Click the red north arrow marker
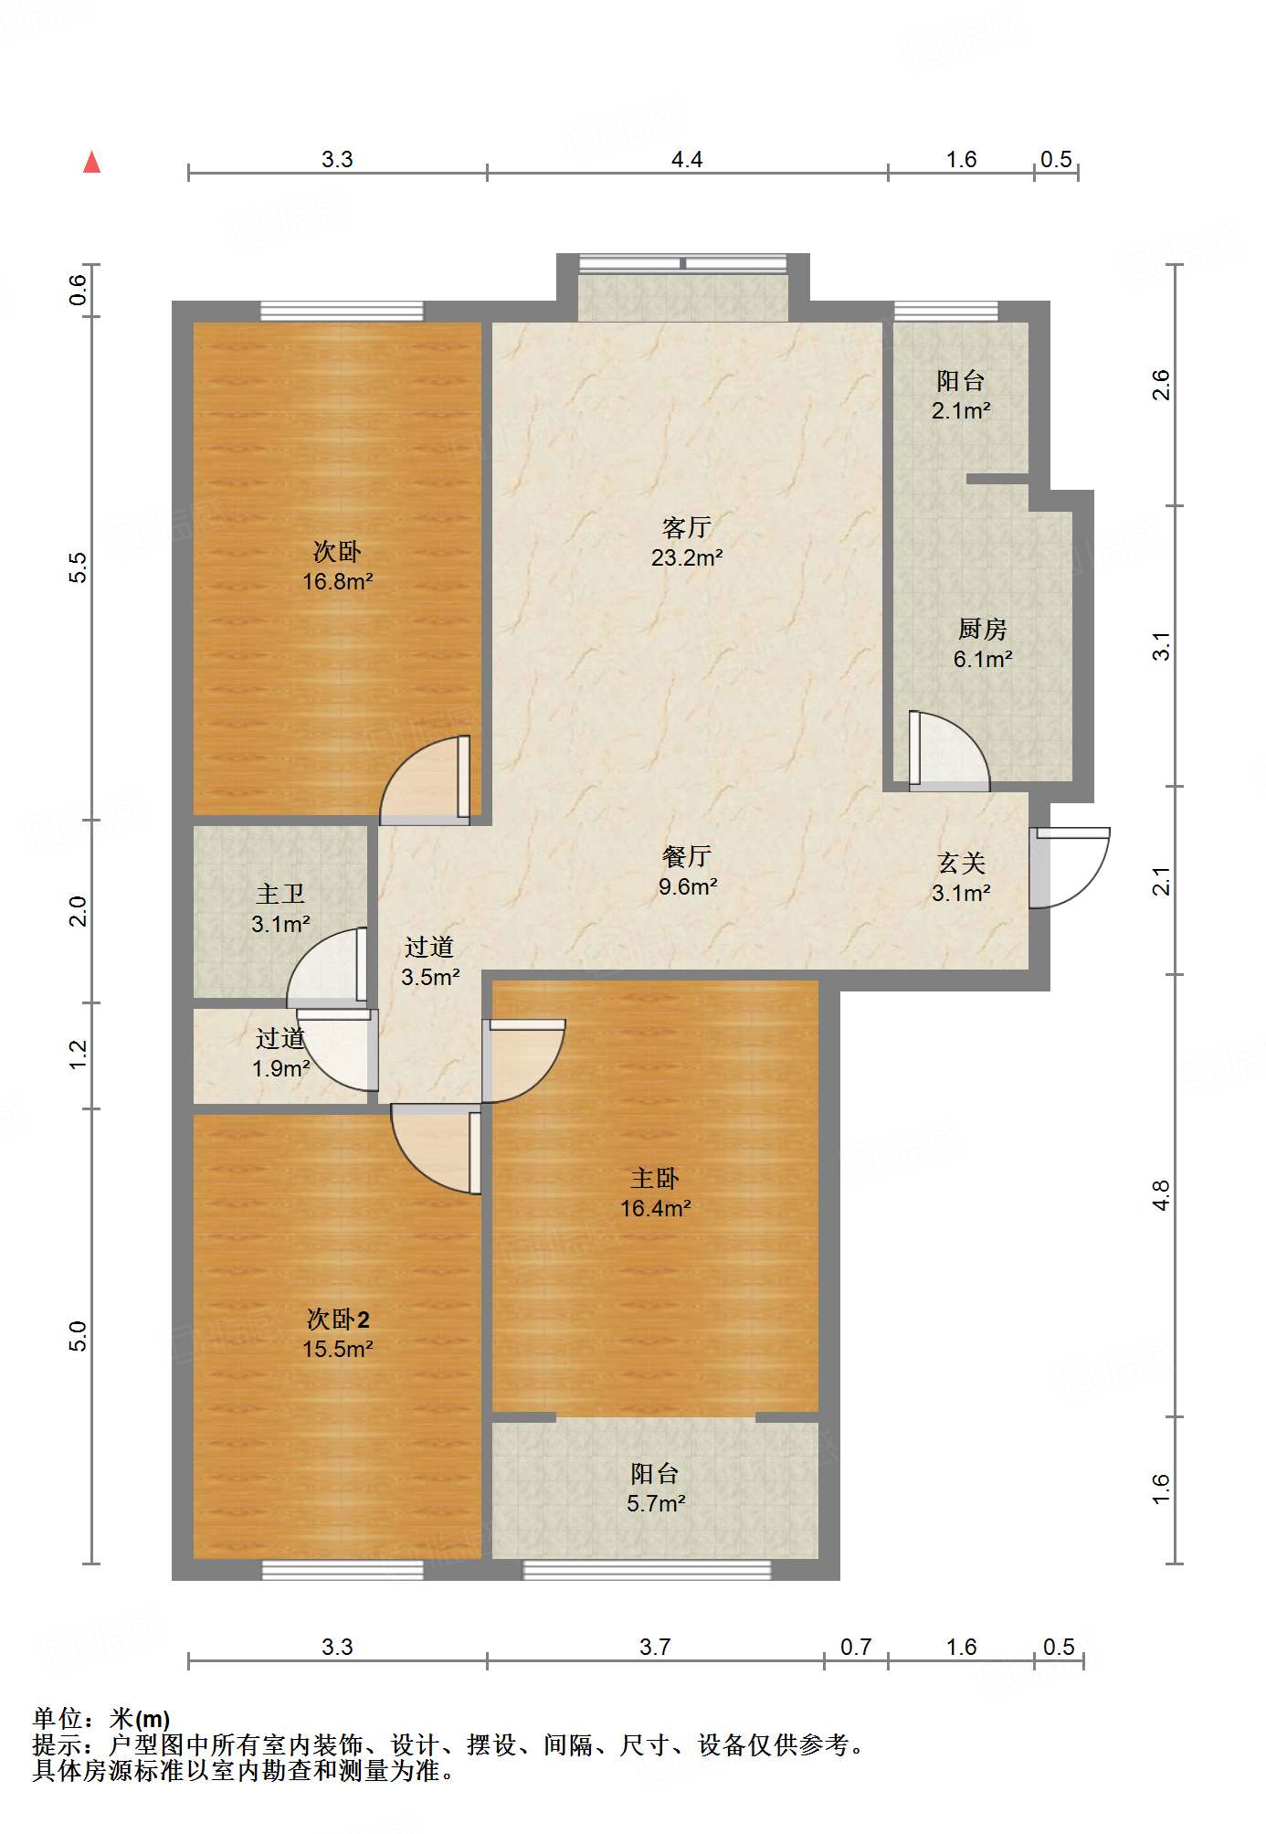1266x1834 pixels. pos(91,163)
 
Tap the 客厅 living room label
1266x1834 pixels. pos(687,527)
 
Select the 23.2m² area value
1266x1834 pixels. pos(687,557)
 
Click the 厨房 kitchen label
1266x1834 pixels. pos(983,629)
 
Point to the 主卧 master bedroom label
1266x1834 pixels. pos(655,1178)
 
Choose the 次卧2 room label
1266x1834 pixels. pos(338,1319)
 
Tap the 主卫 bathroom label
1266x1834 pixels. pos(280,893)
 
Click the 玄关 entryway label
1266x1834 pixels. pos(961,863)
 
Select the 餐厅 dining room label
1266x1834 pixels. pos(687,855)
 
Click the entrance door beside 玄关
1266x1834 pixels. pos(1069,867)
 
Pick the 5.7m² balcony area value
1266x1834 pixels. pos(656,1503)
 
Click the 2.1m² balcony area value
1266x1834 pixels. pos(961,411)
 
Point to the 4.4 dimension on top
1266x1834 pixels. pos(687,160)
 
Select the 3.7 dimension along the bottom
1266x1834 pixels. pos(655,1647)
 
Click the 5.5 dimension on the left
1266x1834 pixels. pos(79,567)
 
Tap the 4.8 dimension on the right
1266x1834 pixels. pos(1160,1195)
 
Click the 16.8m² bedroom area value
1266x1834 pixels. pos(338,581)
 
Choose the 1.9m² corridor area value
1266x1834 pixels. pos(280,1068)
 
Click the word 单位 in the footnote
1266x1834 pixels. pos(58,1719)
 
